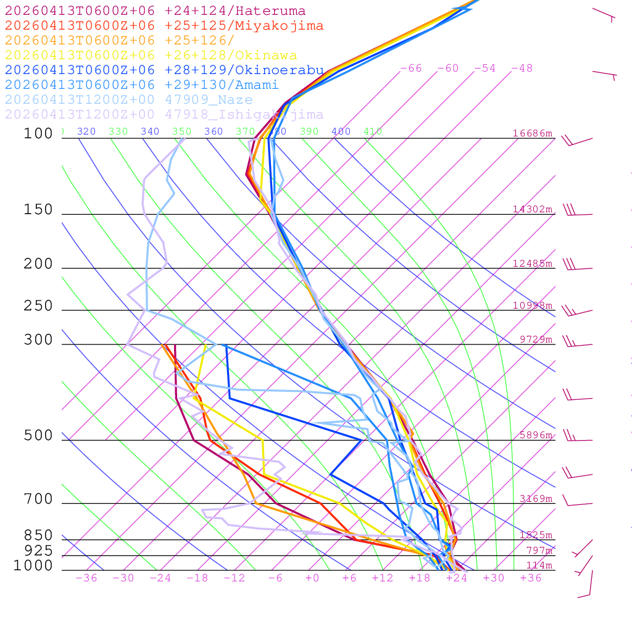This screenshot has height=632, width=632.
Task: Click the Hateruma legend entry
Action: (155, 11)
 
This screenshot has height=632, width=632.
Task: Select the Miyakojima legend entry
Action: (164, 26)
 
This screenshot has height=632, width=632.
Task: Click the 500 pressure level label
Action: (38, 436)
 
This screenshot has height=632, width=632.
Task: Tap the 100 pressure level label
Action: (38, 134)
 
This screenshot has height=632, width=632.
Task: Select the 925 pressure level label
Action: (38, 551)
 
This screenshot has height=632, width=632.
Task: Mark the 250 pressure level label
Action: (38, 306)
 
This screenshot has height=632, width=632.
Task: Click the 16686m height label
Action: (532, 133)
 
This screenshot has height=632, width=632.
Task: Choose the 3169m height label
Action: (535, 499)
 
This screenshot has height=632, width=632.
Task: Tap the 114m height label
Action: (539, 565)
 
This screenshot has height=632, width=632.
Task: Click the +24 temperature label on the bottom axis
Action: (456, 578)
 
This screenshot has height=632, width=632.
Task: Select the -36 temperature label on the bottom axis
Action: (86, 578)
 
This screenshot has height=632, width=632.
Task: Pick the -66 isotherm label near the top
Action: (410, 69)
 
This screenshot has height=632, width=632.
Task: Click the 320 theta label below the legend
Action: (86, 131)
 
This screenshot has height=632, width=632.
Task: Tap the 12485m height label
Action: (532, 264)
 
